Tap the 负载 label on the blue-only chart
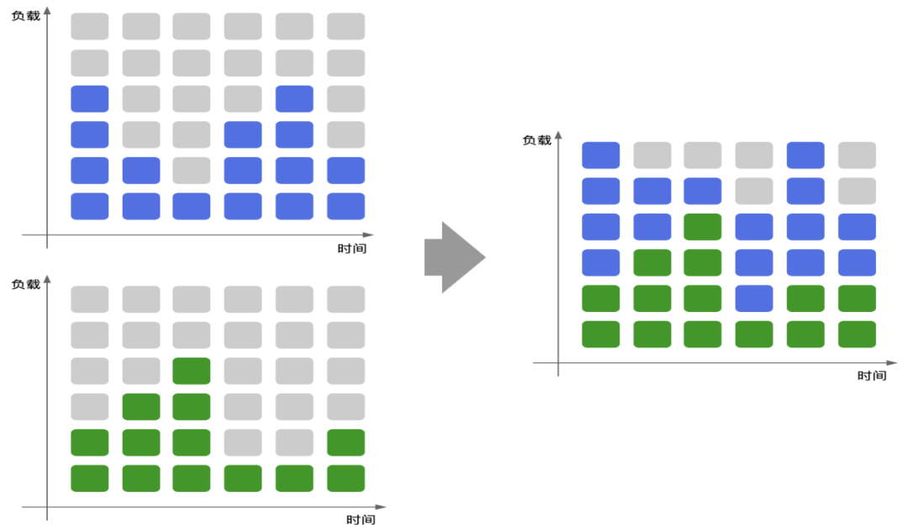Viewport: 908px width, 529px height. [26, 14]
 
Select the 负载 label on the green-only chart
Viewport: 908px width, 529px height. [26, 284]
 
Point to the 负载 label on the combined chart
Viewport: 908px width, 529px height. [536, 140]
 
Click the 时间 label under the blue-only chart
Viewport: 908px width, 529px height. [351, 248]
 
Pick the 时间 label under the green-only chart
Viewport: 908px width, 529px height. [360, 520]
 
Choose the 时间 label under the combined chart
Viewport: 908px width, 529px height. [871, 376]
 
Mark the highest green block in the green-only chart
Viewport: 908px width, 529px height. [192, 371]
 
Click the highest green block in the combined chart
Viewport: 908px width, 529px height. [702, 227]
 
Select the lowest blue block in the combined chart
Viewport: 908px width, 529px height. [753, 299]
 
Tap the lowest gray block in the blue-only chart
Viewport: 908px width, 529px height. [192, 170]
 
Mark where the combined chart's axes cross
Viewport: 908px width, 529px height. [558, 363]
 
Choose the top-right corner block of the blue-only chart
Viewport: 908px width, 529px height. [346, 26]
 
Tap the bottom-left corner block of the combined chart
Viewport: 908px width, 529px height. [600, 334]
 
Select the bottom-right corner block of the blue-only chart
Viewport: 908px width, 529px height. [346, 206]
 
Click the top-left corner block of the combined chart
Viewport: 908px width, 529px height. [600, 155]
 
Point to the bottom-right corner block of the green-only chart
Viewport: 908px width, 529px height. [346, 479]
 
